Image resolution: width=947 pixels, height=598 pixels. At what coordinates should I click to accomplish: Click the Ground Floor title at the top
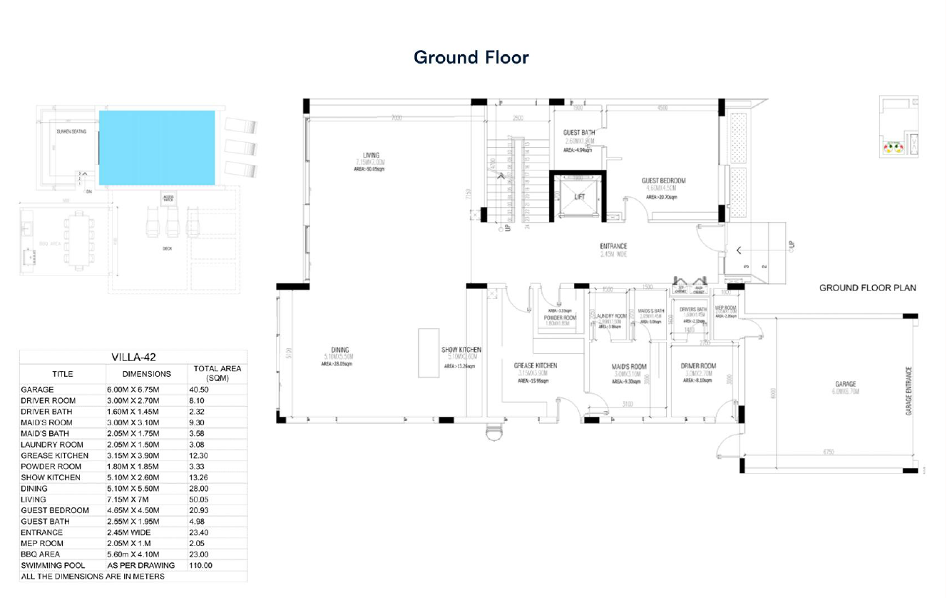[471, 57]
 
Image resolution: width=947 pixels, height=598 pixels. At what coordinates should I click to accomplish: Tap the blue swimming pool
[157, 147]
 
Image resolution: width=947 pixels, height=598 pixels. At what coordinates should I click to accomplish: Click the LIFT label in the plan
[579, 197]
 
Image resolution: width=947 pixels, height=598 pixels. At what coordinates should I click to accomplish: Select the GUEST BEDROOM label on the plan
[663, 181]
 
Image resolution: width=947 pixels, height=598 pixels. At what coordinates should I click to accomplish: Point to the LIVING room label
[371, 155]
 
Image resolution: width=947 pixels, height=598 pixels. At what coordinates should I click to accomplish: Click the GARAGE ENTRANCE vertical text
[909, 390]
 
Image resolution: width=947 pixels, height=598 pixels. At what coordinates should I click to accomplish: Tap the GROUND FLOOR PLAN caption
[867, 288]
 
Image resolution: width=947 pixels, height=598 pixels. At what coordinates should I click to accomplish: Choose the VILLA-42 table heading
[133, 358]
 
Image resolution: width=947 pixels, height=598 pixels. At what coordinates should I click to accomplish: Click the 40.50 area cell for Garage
[201, 390]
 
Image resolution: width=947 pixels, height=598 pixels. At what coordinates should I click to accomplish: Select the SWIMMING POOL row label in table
[53, 565]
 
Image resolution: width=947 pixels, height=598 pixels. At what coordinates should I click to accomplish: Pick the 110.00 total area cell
[200, 565]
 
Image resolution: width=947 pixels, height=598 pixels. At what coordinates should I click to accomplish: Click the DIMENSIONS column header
[146, 373]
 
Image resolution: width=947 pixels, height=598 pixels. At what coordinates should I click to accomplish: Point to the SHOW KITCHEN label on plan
[461, 350]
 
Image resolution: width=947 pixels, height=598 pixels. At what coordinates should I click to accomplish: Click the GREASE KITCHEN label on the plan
[536, 366]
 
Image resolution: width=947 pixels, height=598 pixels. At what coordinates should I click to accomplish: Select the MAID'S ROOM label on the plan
[629, 367]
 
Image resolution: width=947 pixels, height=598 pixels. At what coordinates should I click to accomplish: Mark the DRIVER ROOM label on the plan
[698, 366]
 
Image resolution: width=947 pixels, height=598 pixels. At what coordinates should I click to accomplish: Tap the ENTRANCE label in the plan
[613, 246]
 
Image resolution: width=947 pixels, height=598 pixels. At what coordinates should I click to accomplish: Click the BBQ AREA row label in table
[41, 554]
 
